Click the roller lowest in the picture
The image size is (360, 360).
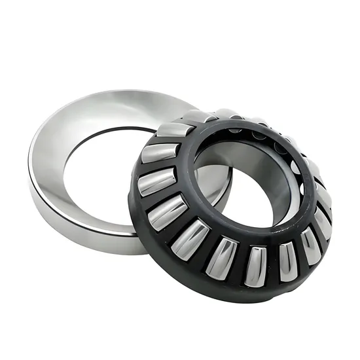click(x=255, y=266)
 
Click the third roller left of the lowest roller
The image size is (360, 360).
click(x=168, y=212)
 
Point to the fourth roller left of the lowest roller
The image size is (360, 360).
click(x=156, y=181)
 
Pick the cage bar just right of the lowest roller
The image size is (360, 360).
click(x=272, y=263)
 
